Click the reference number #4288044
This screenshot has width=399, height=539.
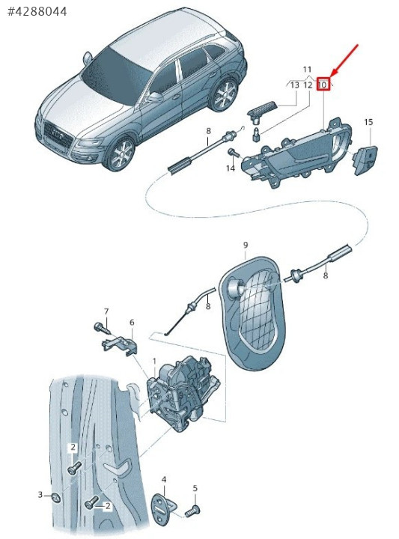coord(37,12)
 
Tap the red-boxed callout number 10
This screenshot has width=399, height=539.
coord(323,85)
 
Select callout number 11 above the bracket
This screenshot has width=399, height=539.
coord(307,70)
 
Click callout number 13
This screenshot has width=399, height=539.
coord(295,85)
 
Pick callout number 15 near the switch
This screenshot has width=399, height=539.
coord(368,122)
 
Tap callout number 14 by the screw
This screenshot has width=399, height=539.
coord(231,168)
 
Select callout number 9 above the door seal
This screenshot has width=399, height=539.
coord(246,245)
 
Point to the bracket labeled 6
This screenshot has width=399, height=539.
coord(121,345)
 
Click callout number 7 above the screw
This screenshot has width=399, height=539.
coord(106,311)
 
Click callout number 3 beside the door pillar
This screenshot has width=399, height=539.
coord(40,495)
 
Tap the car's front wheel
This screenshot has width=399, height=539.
coord(121,154)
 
